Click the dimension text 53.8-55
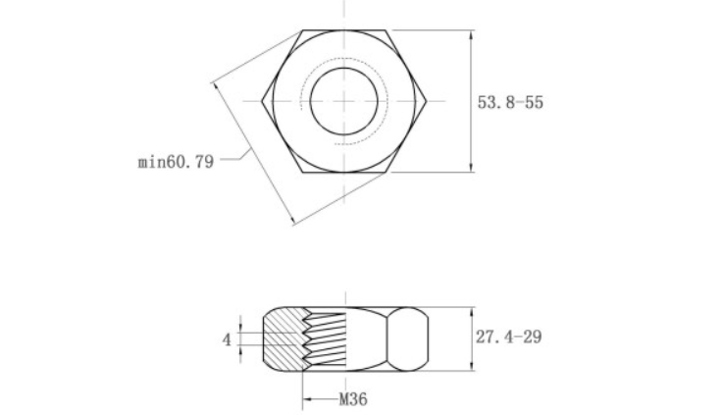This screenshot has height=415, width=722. point(510,102)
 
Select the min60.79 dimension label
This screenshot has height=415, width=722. point(175,161)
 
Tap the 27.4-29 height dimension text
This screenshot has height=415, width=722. point(509,337)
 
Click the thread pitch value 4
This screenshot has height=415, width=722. point(226,339)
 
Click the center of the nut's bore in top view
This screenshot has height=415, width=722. point(343,101)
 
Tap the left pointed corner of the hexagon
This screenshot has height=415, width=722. point(262,101)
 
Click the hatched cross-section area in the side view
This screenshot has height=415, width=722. point(283,338)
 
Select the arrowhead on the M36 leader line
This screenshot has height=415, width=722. point(307,399)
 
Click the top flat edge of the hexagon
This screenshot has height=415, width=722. point(343,30)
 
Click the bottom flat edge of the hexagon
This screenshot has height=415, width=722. point(343,173)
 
